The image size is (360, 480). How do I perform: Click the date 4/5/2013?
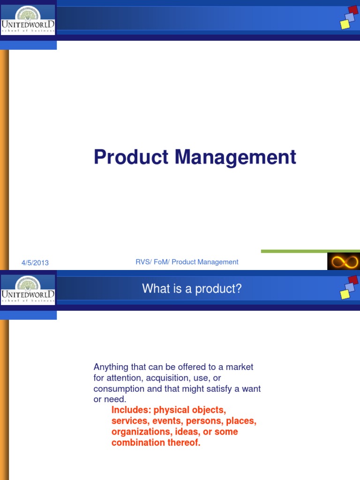point(35,262)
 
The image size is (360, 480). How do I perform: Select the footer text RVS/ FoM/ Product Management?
point(187,262)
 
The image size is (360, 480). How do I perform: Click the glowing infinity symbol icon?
point(343,262)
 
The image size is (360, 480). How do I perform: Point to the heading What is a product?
point(192,289)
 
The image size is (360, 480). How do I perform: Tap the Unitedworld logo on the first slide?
point(28,20)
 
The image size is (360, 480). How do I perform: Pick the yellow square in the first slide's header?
point(345,24)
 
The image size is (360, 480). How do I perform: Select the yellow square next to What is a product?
point(345,294)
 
